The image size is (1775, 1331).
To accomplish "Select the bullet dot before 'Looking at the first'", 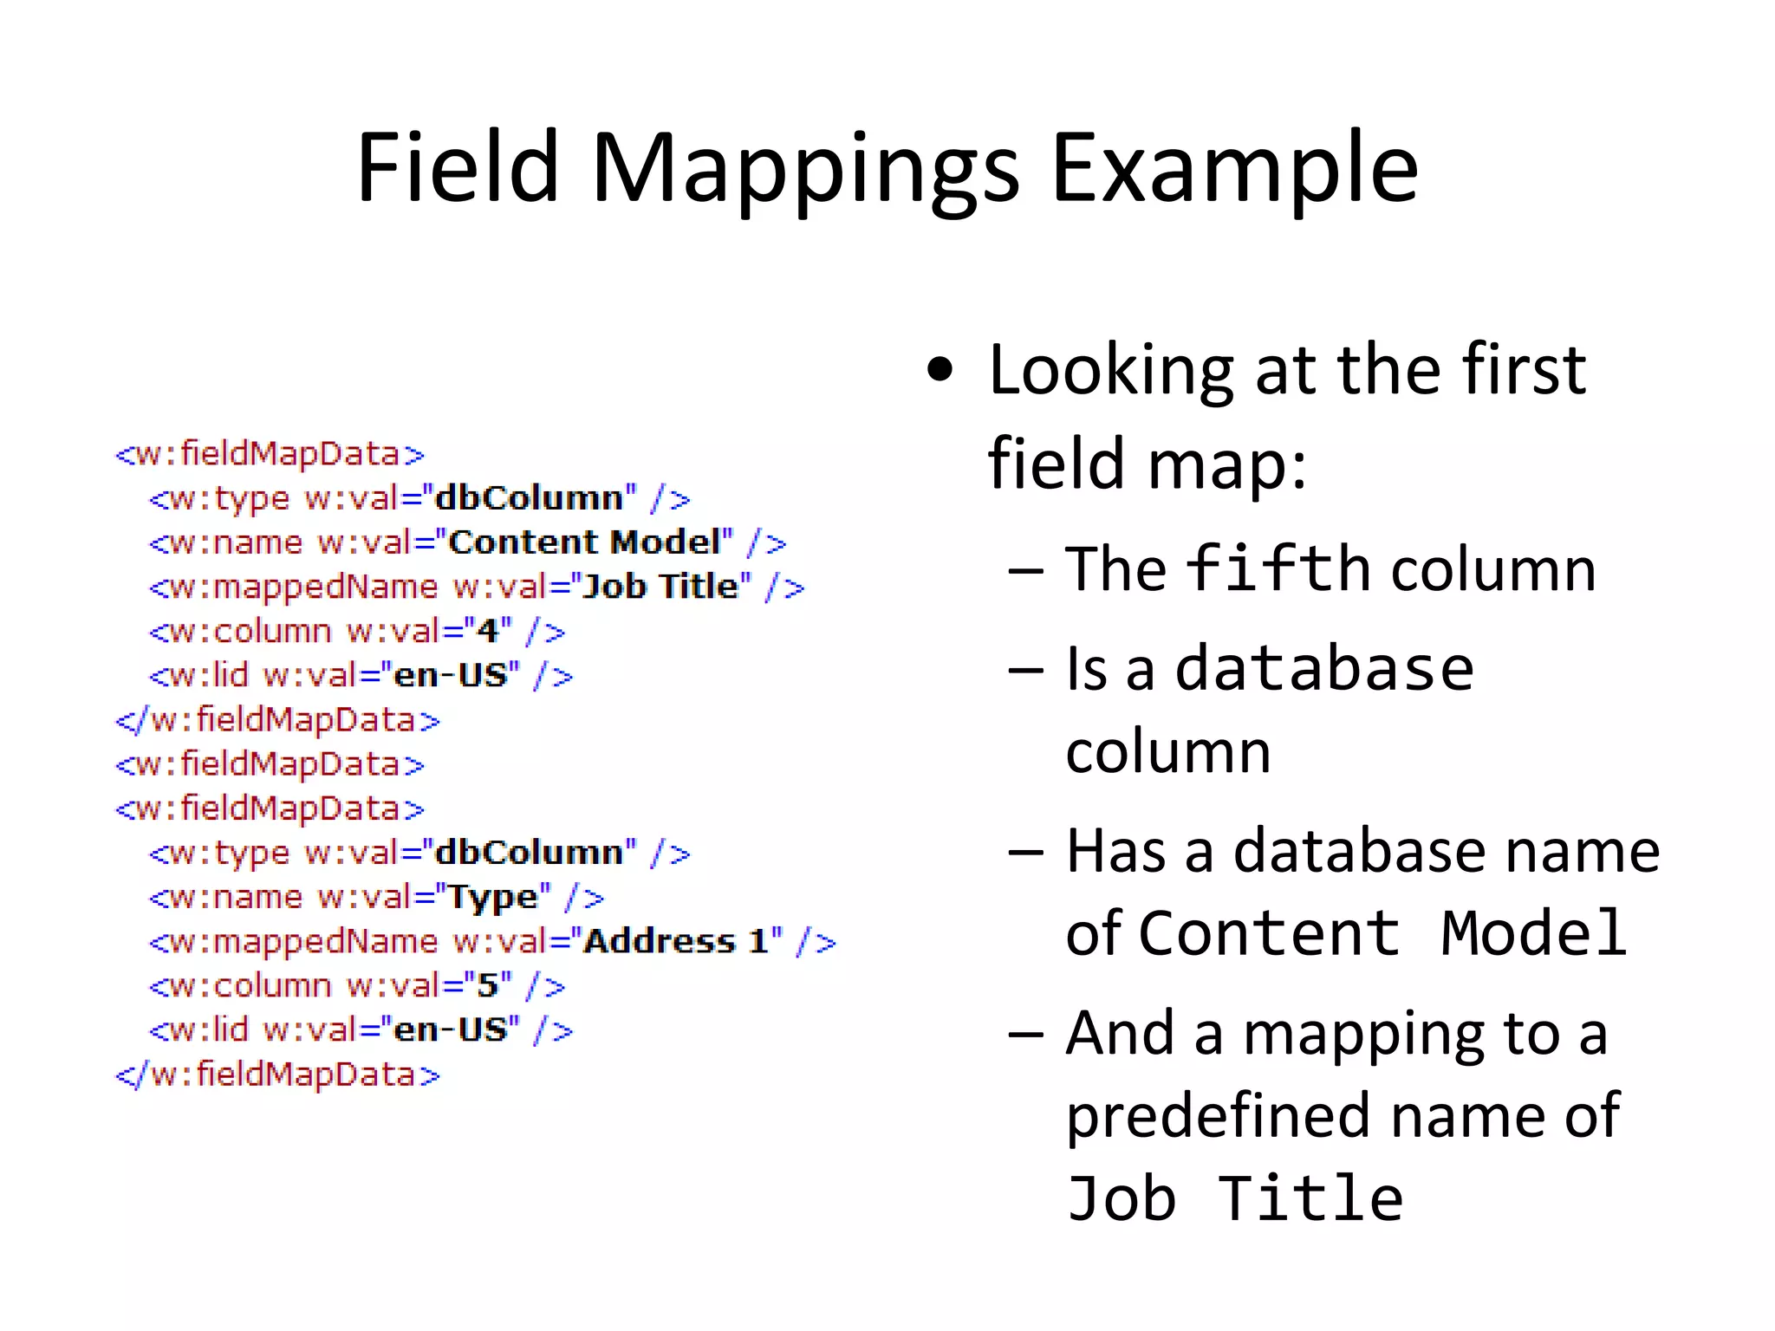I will [x=940, y=370].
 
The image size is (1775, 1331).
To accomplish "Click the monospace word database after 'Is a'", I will [x=1324, y=669].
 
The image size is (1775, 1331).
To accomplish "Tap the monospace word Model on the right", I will [x=1533, y=933].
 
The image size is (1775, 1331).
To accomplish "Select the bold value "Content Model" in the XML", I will [x=584, y=542].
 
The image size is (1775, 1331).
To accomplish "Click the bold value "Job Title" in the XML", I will [x=660, y=587].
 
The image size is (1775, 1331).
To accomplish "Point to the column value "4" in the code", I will [x=488, y=631].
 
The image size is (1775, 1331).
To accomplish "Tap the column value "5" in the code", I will [x=488, y=985].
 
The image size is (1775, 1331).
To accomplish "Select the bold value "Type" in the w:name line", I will [x=492, y=897].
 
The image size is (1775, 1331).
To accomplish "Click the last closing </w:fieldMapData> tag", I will [x=277, y=1075].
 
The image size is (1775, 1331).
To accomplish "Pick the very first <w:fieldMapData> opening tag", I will [x=270, y=454].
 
